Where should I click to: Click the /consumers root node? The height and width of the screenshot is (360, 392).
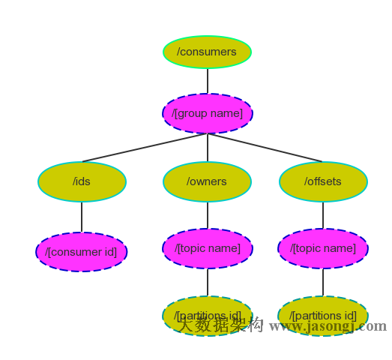click(207, 52)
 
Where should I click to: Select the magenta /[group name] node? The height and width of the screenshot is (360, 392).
click(208, 113)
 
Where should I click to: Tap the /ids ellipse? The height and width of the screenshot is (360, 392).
click(82, 181)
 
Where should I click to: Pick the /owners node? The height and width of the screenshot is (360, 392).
click(208, 181)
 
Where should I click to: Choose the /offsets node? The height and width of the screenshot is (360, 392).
click(323, 181)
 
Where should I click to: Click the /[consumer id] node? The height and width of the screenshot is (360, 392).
click(82, 252)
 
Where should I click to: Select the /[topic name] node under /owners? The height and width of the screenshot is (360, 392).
click(208, 248)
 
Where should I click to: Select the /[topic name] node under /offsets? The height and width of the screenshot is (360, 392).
click(323, 248)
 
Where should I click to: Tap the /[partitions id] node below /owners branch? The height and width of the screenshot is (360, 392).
click(208, 316)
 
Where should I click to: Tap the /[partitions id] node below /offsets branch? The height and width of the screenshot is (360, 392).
click(323, 316)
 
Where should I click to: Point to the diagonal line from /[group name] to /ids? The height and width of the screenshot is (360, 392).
click(142, 148)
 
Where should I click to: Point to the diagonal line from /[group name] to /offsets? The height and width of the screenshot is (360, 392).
click(266, 148)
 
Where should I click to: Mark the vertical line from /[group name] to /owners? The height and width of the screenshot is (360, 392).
click(208, 148)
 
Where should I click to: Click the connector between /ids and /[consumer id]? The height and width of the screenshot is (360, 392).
click(82, 217)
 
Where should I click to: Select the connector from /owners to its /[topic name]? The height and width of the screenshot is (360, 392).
click(208, 215)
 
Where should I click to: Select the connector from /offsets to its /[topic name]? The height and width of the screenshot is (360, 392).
click(323, 215)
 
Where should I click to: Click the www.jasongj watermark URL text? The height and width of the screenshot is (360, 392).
click(315, 326)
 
